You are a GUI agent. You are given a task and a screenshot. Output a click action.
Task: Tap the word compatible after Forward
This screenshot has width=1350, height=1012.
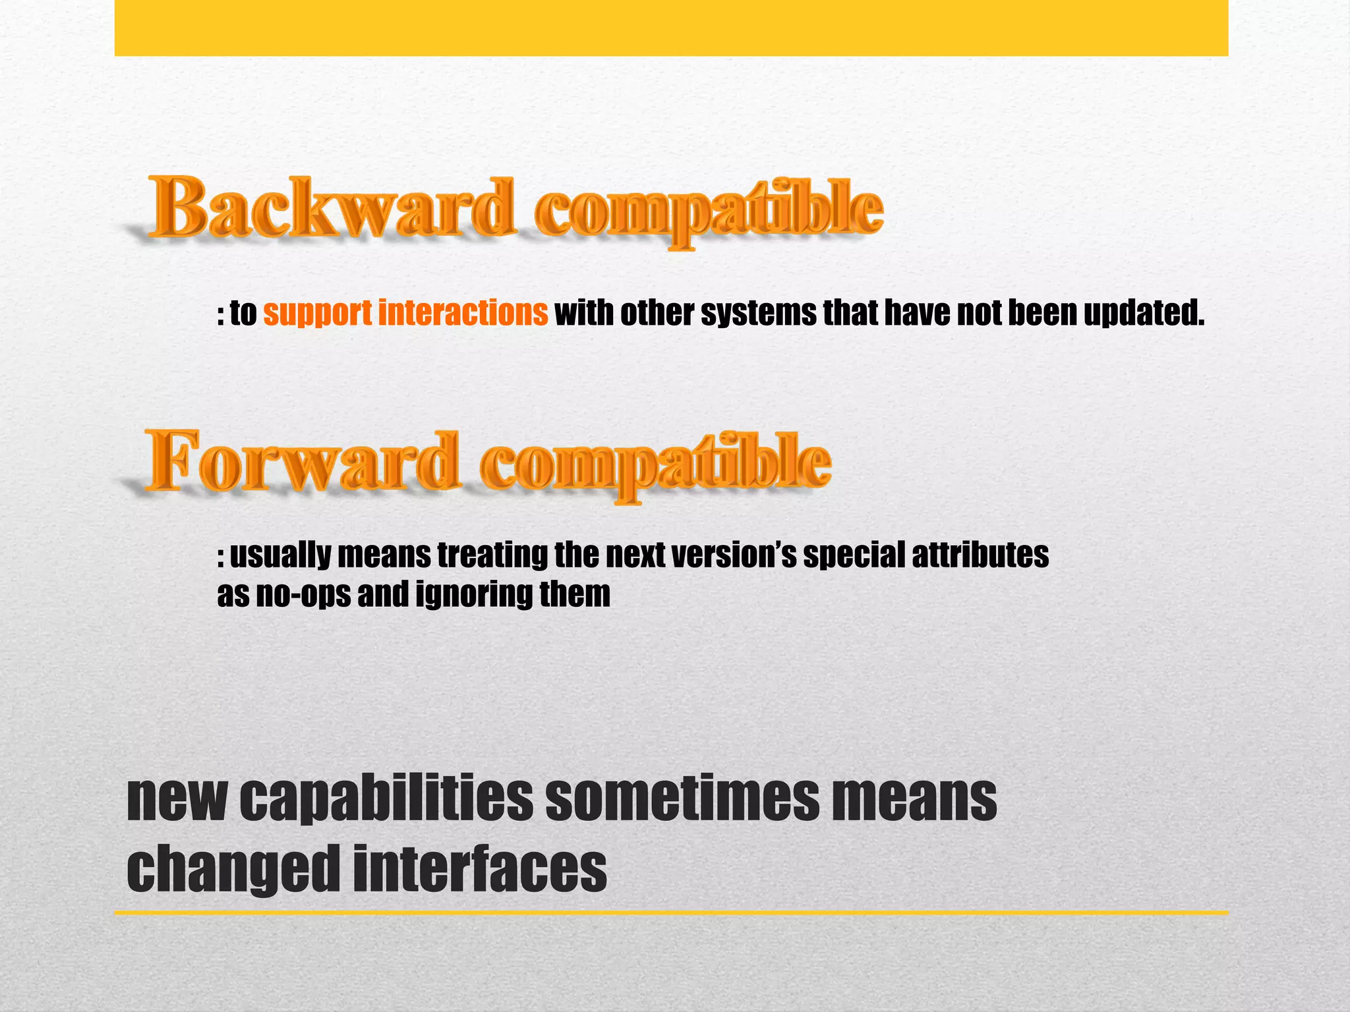pyautogui.click(x=656, y=463)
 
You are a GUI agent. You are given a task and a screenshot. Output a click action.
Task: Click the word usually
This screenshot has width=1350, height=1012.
pyautogui.click(x=279, y=555)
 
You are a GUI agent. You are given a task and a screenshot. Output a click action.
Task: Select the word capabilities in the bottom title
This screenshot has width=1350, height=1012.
pyautogui.click(x=386, y=799)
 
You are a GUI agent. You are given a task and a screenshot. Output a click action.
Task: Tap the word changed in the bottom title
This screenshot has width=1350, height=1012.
pyautogui.click(x=233, y=870)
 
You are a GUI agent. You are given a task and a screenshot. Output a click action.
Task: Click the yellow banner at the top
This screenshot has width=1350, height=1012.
pyautogui.click(x=671, y=28)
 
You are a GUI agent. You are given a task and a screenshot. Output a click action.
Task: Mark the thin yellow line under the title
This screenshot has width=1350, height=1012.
pyautogui.click(x=671, y=913)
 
